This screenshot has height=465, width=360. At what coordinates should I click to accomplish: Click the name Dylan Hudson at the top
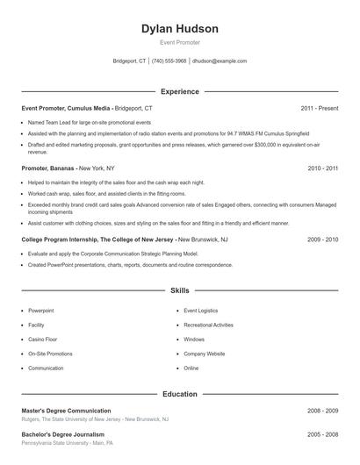(x=180, y=29)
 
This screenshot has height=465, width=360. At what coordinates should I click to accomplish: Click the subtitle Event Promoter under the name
(x=180, y=42)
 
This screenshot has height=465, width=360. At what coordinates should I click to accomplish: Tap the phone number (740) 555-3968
(x=169, y=61)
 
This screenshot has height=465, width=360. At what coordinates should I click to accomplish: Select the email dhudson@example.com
(x=220, y=61)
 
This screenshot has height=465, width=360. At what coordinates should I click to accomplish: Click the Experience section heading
(x=180, y=91)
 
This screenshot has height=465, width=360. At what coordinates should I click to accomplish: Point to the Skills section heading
(x=180, y=290)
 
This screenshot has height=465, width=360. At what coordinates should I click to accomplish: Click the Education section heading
(x=180, y=394)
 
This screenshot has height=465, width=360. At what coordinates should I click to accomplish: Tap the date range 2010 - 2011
(x=323, y=168)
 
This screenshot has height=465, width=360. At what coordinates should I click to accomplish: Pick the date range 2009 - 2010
(x=323, y=239)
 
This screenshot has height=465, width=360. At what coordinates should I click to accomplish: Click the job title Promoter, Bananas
(x=48, y=168)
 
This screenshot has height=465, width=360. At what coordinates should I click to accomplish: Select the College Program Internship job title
(x=97, y=239)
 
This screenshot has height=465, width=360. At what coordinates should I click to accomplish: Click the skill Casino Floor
(x=44, y=340)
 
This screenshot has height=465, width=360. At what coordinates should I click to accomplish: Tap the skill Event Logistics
(x=201, y=311)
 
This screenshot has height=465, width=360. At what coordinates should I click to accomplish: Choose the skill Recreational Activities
(x=208, y=325)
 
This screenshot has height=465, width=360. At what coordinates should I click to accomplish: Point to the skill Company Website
(x=204, y=354)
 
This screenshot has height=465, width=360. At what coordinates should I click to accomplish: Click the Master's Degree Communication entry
(x=66, y=411)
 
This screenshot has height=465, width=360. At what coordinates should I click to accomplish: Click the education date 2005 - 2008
(x=323, y=434)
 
